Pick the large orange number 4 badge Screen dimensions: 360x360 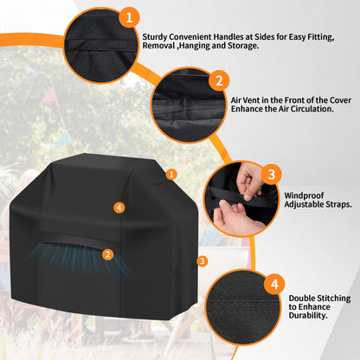pos(273,283)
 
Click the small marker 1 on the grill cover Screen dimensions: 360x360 pos(171,174)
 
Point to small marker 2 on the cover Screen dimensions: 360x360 pos(107,254)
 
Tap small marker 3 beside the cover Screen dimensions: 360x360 pos(202,260)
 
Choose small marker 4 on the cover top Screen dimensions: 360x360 pos(119,207)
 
